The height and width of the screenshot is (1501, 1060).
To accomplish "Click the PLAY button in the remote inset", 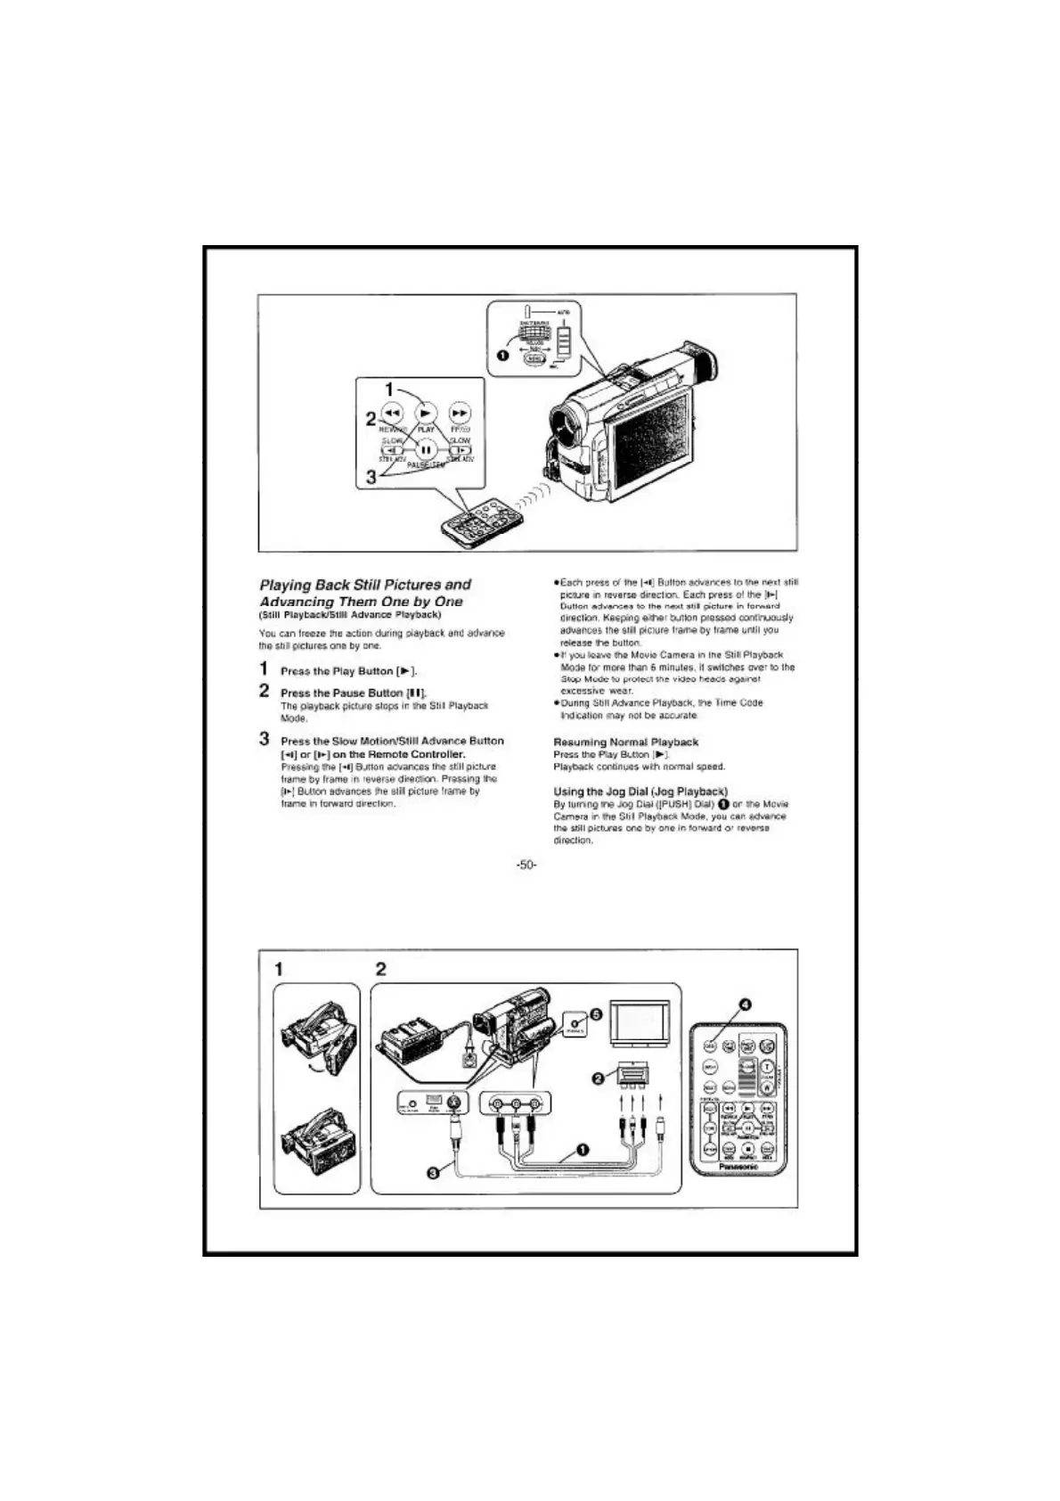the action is (x=427, y=413).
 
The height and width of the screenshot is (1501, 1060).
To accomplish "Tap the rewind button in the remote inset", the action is (x=393, y=413).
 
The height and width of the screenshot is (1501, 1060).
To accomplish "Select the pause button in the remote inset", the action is (x=427, y=449).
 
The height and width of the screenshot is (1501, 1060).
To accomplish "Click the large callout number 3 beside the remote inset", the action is (x=371, y=478).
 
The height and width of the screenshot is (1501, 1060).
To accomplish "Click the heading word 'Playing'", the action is (x=285, y=585).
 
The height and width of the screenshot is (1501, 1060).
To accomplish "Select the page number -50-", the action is (x=526, y=865).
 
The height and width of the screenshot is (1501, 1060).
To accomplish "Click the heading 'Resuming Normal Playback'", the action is (x=625, y=742).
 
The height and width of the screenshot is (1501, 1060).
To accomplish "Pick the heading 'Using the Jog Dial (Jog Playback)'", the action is (x=640, y=791).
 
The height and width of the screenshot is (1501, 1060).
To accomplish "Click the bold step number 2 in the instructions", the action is (x=265, y=691).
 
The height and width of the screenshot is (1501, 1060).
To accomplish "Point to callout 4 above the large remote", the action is (x=747, y=1005).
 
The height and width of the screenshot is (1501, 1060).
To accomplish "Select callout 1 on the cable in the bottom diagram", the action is (x=583, y=1149).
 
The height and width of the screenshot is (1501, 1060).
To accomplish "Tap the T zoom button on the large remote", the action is (x=766, y=1067).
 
